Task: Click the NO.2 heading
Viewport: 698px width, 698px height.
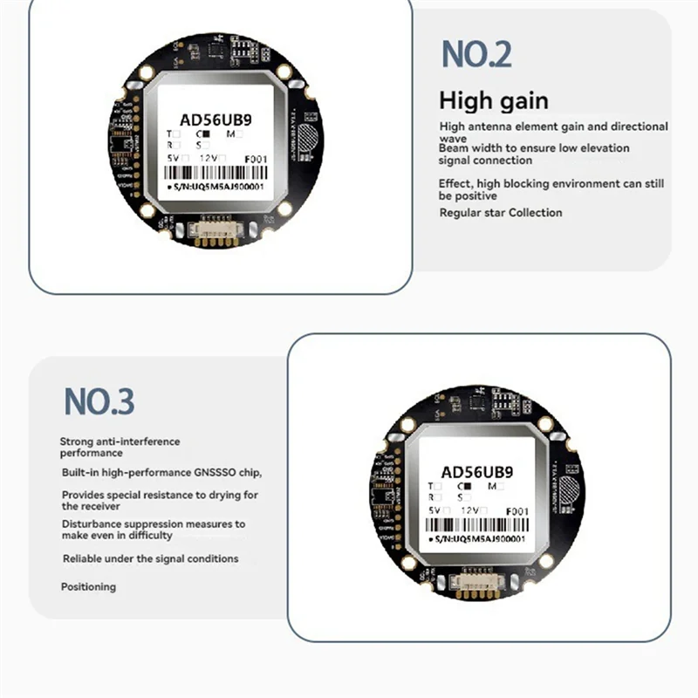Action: (x=476, y=54)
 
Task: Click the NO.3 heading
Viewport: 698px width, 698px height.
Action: (x=99, y=402)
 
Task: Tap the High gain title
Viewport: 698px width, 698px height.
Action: (x=494, y=100)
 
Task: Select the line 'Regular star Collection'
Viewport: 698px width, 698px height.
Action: (x=501, y=213)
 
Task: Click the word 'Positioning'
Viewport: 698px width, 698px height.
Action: (x=88, y=587)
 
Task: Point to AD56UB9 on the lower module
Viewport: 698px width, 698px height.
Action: (x=476, y=472)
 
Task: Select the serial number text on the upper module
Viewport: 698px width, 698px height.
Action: (x=218, y=188)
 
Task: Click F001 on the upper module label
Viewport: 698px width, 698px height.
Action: (x=257, y=160)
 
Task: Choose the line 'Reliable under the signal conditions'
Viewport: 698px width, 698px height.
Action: (x=150, y=558)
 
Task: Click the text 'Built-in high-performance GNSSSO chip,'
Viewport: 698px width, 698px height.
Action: (x=161, y=472)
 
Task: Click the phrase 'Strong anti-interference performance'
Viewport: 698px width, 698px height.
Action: (x=120, y=447)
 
